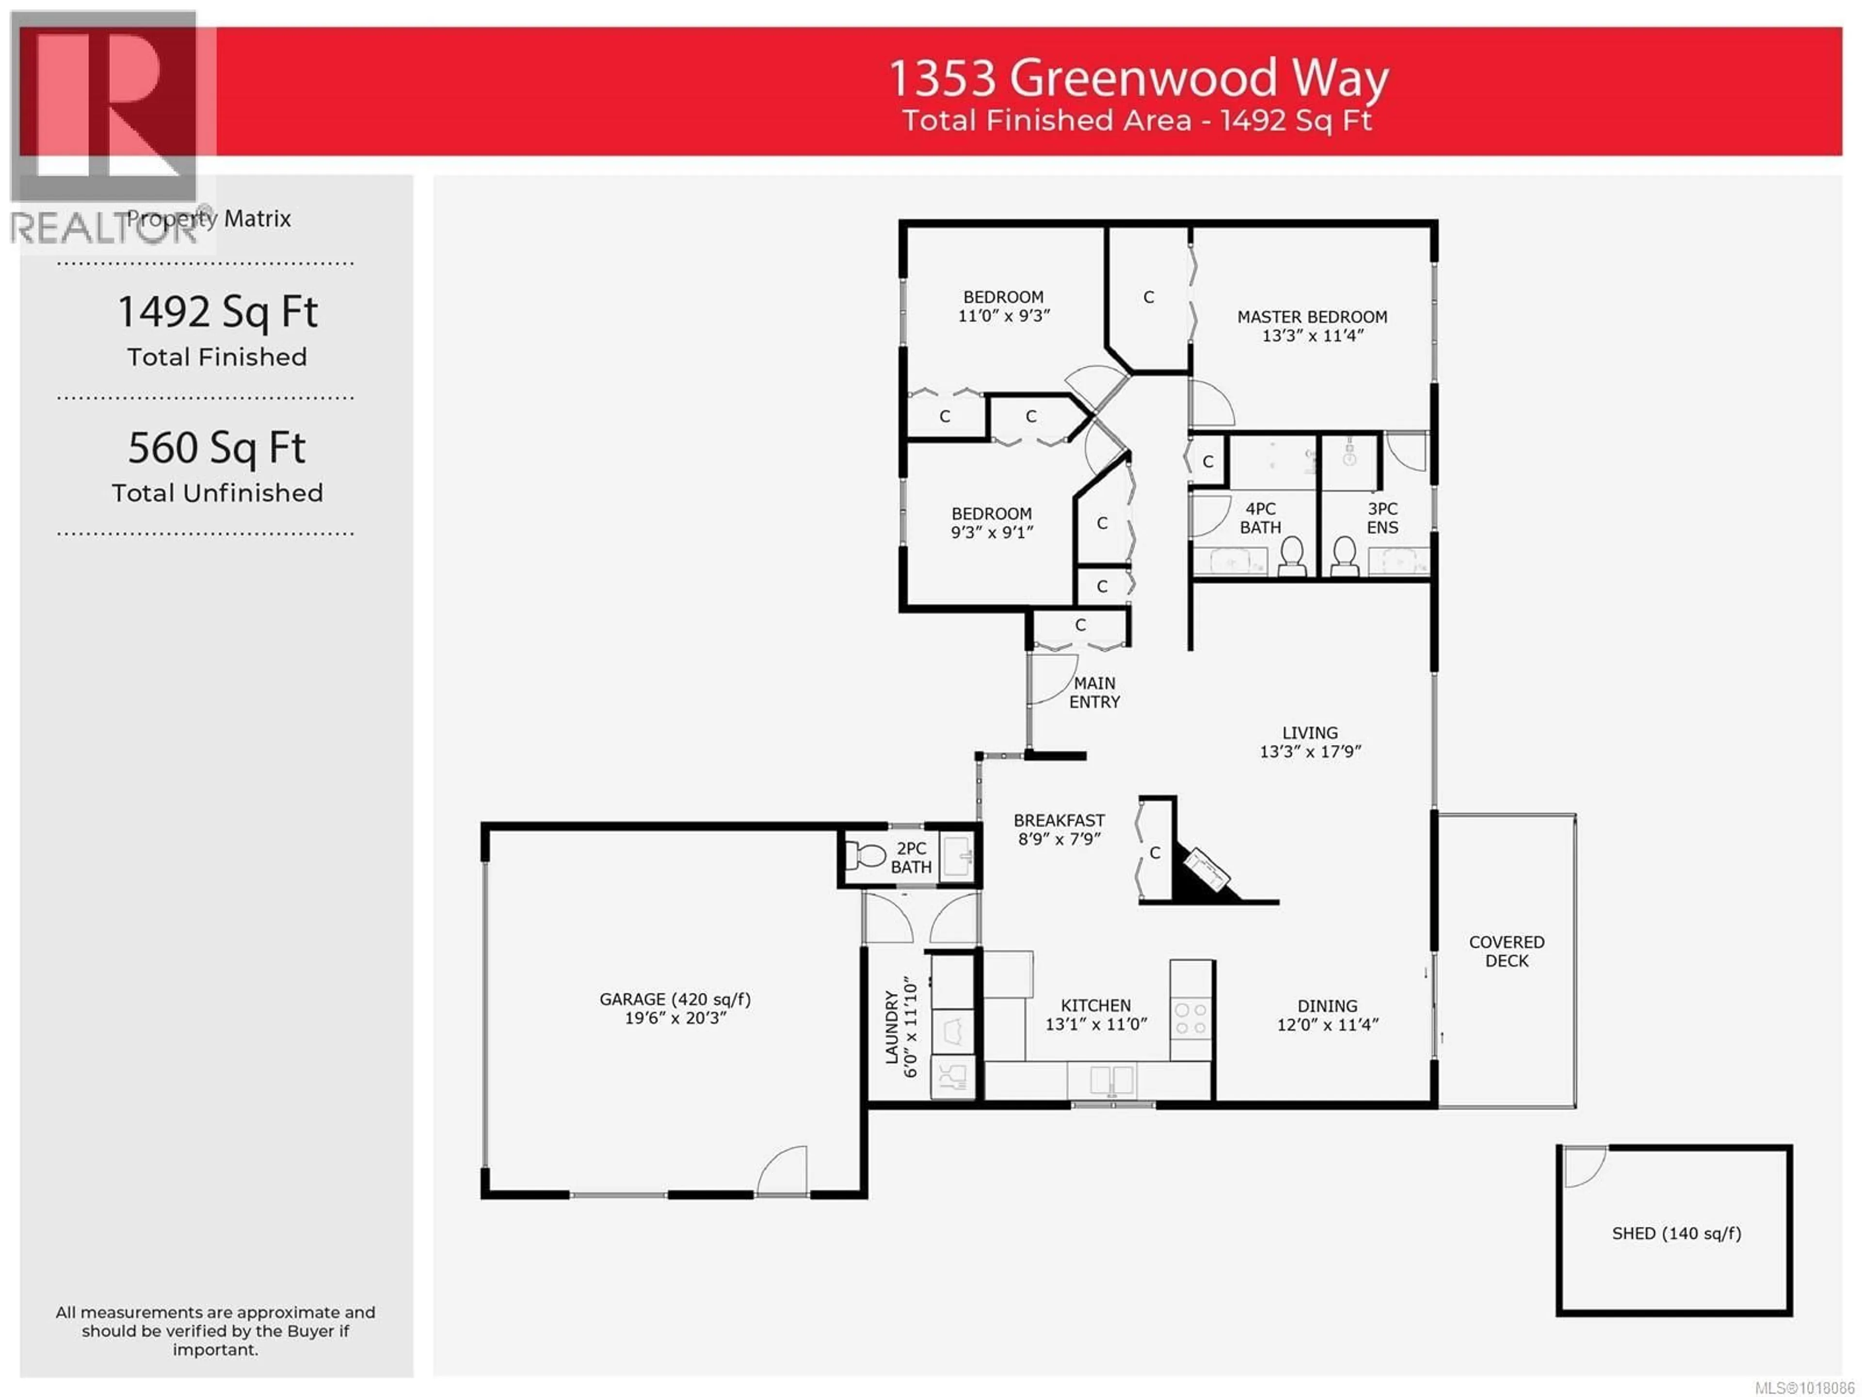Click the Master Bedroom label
coord(1312,317)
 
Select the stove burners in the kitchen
coord(1190,1018)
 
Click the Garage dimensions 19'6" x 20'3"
coord(675,1018)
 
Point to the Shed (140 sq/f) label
coord(1676,1234)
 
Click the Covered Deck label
coord(1507,952)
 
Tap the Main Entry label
coord(1094,692)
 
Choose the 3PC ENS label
coord(1382,518)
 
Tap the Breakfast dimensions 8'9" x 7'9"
coord(1059,840)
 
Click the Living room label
coord(1310,732)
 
